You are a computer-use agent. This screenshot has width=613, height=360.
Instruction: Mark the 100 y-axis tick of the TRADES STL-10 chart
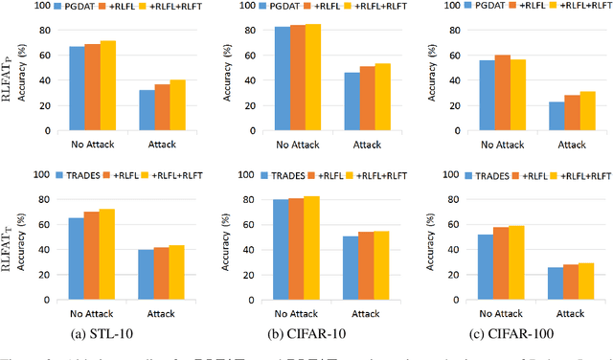(x=40, y=174)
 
